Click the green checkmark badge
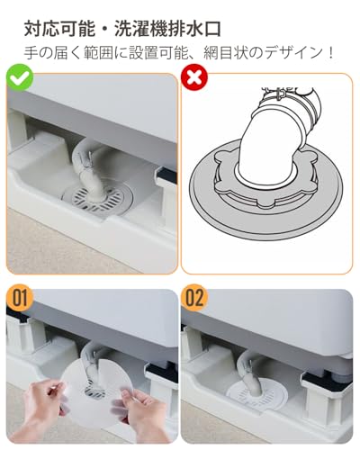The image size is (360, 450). pos(20,77)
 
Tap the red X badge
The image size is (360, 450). pos(194,77)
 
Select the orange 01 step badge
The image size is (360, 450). pos(20,298)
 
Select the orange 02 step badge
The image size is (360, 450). pos(194,298)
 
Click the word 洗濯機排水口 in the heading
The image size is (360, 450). pos(167,29)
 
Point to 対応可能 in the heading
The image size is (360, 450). pos(59,29)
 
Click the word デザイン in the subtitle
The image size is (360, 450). pos(292,53)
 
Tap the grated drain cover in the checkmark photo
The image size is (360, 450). pos(97,197)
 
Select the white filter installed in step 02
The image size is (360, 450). pos(256,392)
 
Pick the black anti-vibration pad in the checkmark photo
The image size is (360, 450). pos(166,174)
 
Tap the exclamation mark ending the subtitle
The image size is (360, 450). pos(330,53)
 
